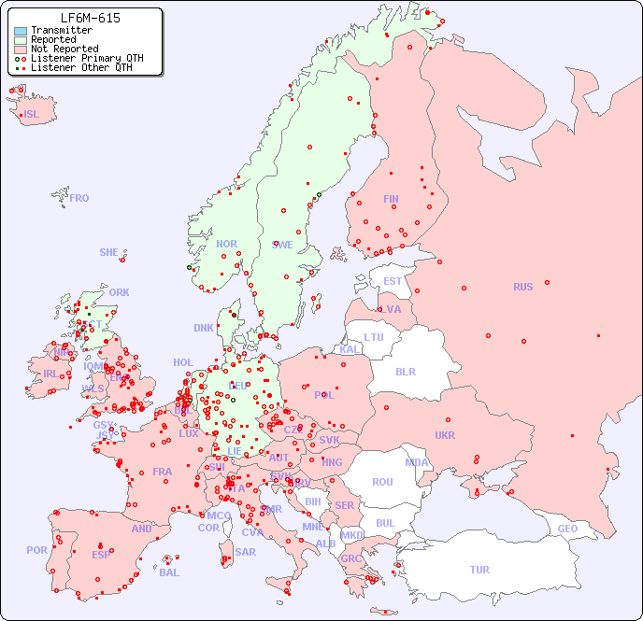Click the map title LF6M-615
pos(90,18)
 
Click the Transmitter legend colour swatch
pos(21,31)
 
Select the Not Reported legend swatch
pos(21,49)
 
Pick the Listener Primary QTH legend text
pos(87,58)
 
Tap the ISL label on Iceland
pos(32,115)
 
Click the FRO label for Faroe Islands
pos(79,198)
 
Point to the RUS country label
pos(522,287)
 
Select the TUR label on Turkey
pos(479,570)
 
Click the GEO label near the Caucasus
pos(567,529)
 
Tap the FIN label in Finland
pos(391,199)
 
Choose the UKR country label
pos(445,435)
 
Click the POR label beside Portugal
pos(36,550)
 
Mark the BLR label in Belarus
pos(406,371)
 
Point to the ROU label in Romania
pos(382,482)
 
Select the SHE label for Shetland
pos(109,252)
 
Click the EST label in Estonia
pos(393,281)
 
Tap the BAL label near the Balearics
pos(168,572)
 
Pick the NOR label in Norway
pos(226,244)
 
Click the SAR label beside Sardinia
pos(245,552)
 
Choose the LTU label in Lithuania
pos(374,337)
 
